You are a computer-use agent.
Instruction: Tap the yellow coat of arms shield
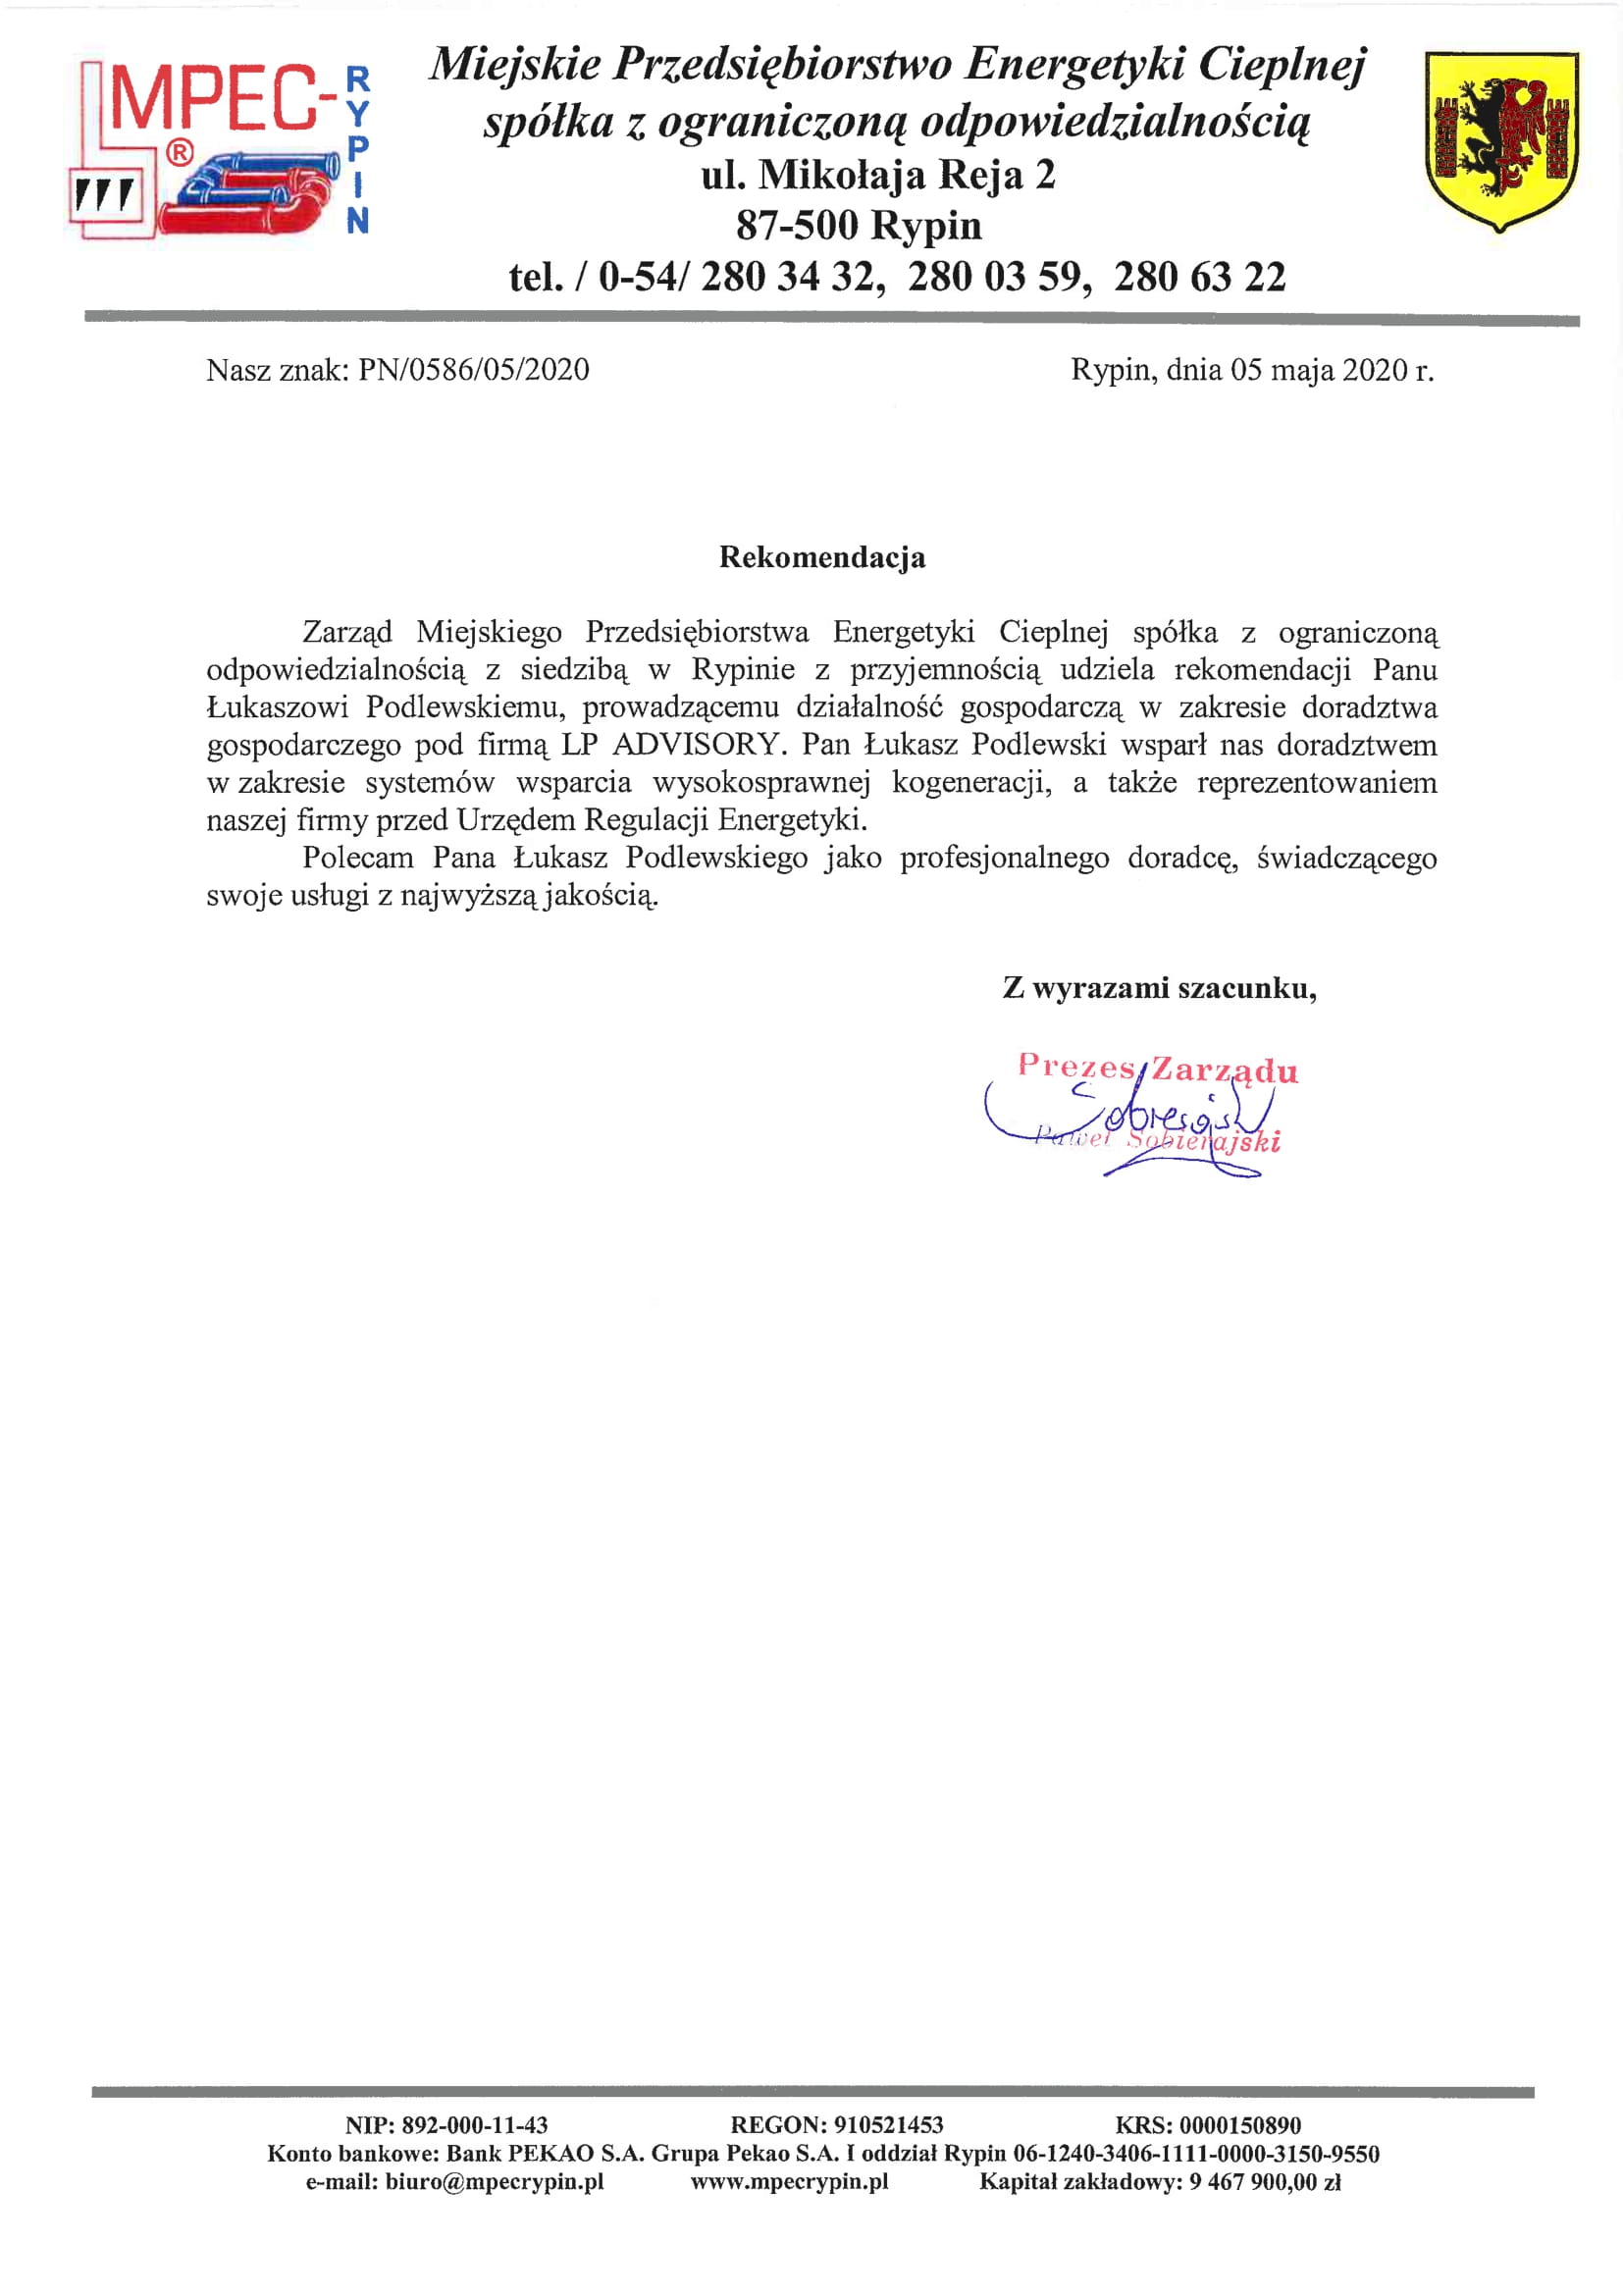tap(1501, 140)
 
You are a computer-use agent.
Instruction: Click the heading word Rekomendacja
tap(821, 556)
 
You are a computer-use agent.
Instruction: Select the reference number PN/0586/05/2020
tap(474, 370)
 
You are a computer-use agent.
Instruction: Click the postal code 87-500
tap(797, 226)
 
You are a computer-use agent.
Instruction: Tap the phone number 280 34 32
tap(792, 277)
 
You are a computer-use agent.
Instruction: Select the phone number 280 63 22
tap(1199, 277)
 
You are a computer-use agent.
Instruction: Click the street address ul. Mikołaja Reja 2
tap(877, 175)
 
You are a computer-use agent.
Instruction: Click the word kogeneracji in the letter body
tap(970, 783)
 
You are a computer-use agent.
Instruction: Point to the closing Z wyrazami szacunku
tap(1159, 989)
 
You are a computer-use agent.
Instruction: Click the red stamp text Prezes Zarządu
tap(1157, 1069)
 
